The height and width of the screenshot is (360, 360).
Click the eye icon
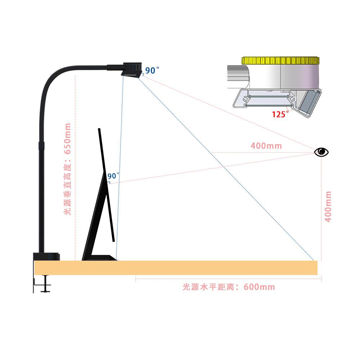coord(321,152)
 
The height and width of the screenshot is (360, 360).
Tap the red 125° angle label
coord(280,114)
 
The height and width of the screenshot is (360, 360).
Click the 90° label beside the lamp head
coord(152,71)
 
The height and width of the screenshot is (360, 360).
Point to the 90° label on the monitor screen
coord(113,176)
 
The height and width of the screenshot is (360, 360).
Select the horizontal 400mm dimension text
coord(266,146)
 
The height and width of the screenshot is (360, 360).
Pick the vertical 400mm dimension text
coord(328,207)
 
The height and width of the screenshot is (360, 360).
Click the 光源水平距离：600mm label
coord(229,287)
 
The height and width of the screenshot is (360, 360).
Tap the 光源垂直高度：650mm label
coord(68,169)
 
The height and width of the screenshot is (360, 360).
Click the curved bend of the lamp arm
coord(54,81)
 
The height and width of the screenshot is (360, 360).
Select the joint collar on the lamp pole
coord(42,145)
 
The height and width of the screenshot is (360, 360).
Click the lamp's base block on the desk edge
coord(46,257)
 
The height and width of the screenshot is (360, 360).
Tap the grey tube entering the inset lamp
coord(238,76)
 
